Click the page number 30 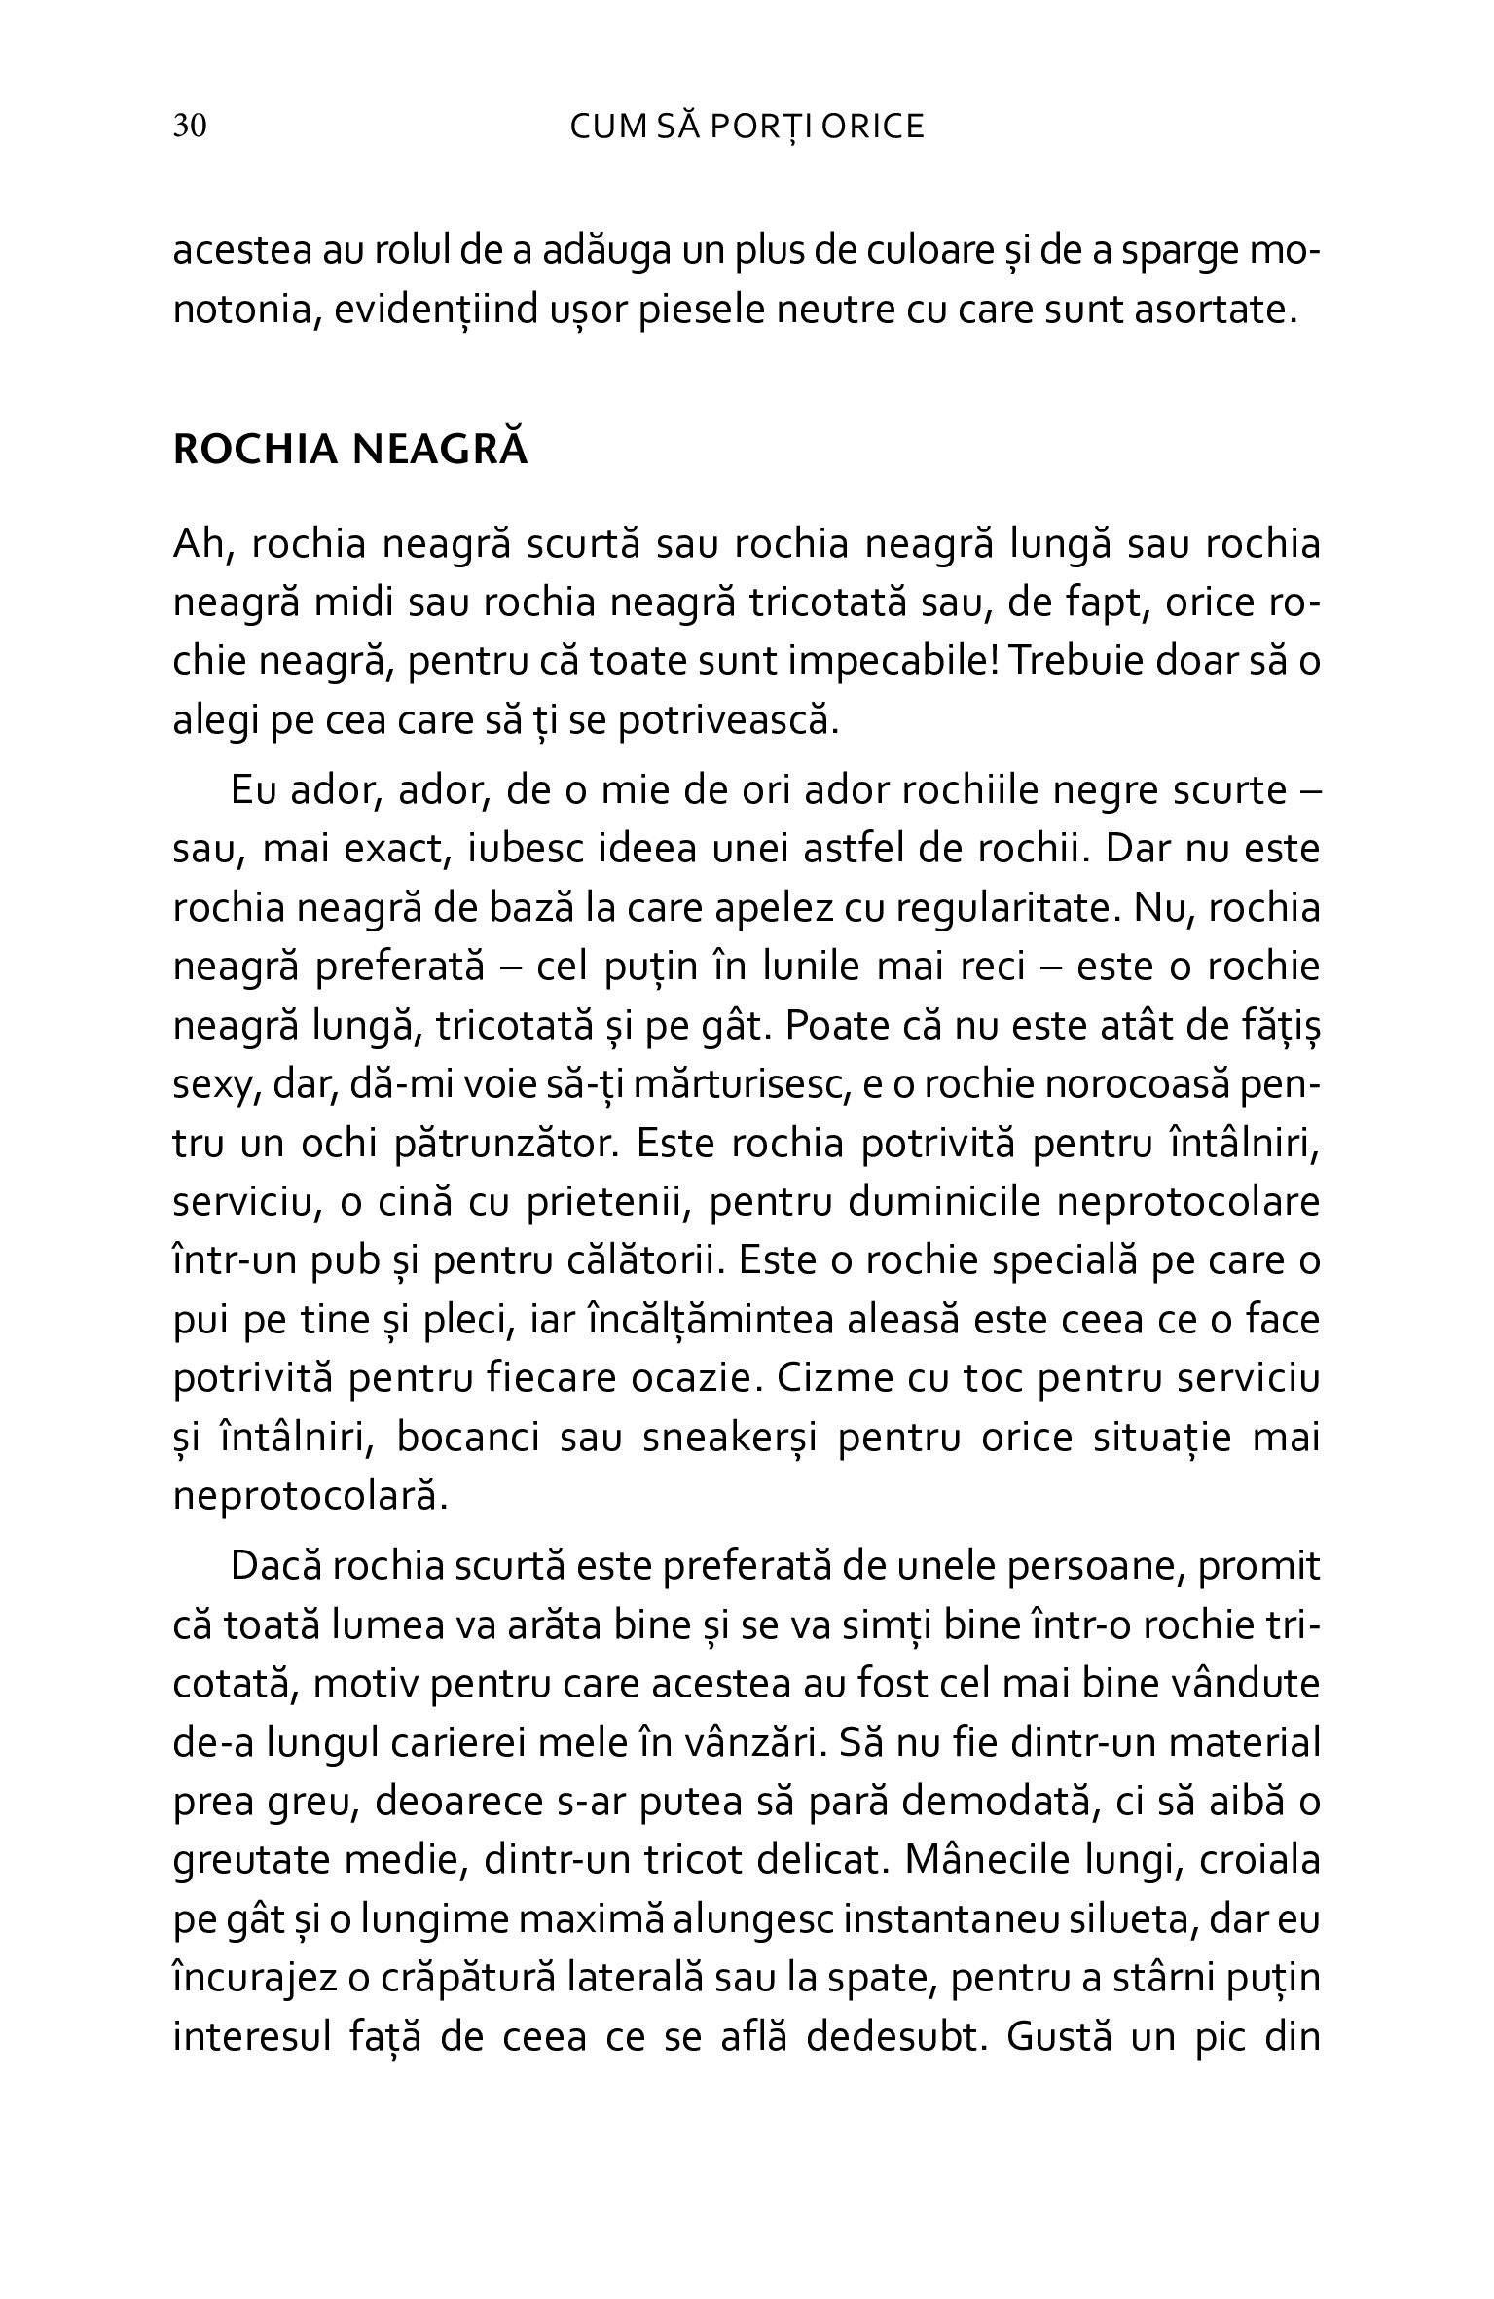point(190,128)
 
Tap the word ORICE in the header point(872,128)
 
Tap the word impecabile point(893,663)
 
